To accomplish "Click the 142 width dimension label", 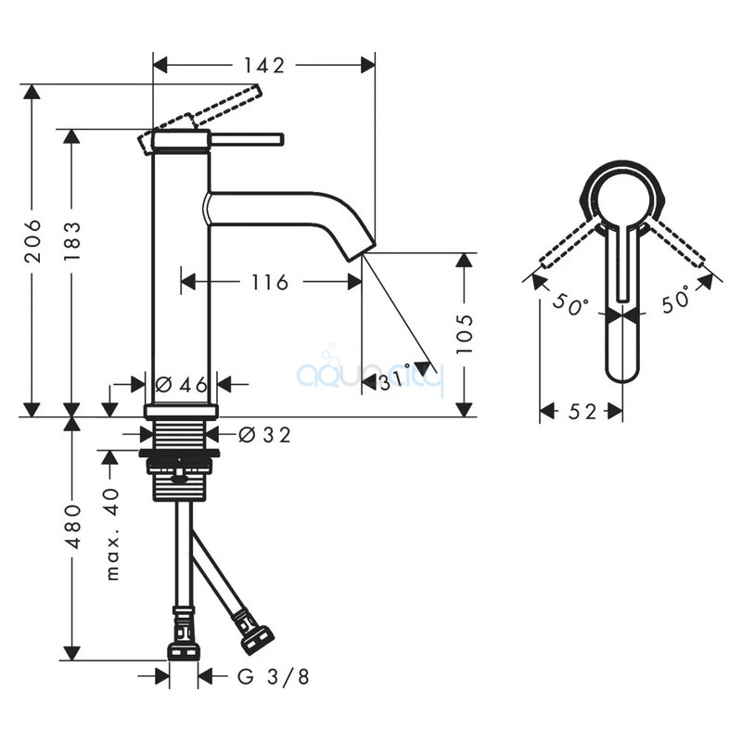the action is coord(264,66).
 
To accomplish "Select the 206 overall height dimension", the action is coord(33,241).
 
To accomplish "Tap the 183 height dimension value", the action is coord(72,241).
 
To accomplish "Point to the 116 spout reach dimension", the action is coord(269,283).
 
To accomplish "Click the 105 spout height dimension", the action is coord(465,333).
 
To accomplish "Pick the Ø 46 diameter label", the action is coord(181,384).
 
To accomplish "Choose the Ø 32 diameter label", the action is coord(264,435).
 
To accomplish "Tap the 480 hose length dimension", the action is coord(72,527).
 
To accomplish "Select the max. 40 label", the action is coord(112,534).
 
